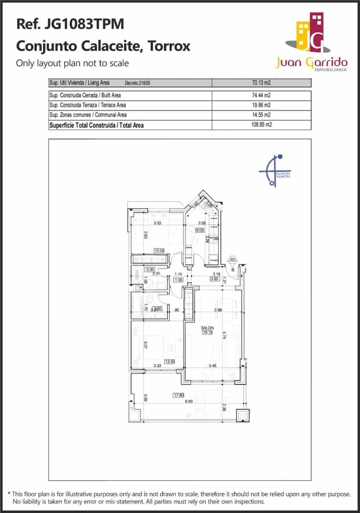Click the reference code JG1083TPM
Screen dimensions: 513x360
pos(84,24)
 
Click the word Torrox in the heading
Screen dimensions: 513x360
pos(168,46)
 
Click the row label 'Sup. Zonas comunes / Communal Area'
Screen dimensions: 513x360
pos(88,115)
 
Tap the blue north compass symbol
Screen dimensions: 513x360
pos(274,171)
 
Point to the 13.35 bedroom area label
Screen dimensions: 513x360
pos(170,361)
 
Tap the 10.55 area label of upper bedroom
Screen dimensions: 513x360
pos(159,251)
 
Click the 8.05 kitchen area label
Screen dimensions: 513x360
pos(199,230)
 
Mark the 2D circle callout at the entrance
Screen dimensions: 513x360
pos(233,259)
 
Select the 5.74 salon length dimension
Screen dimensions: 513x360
pos(224,334)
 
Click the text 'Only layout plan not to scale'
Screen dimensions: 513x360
pos(72,63)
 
